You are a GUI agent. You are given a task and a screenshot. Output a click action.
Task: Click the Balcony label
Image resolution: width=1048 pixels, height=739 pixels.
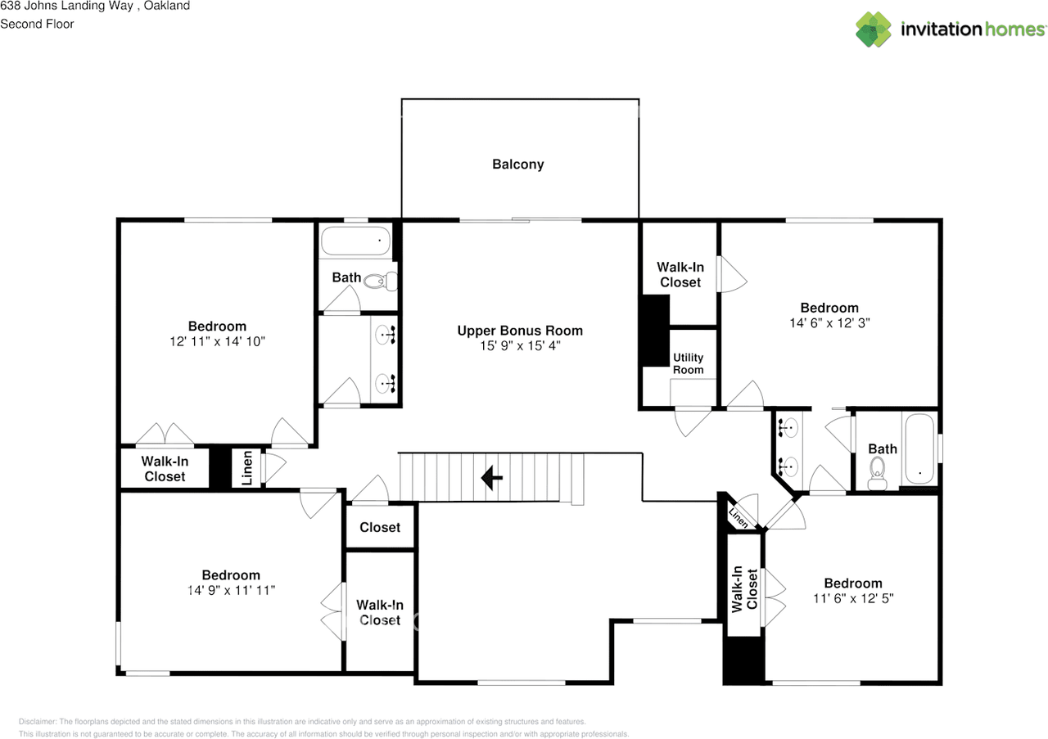click(x=517, y=164)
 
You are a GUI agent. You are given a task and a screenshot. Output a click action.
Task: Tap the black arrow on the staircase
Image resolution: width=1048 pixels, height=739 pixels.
click(x=491, y=477)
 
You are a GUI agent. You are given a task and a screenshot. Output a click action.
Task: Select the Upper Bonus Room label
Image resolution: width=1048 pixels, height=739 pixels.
click(x=520, y=331)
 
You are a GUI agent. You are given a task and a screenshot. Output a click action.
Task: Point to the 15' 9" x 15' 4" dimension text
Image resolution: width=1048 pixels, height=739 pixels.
click(x=520, y=346)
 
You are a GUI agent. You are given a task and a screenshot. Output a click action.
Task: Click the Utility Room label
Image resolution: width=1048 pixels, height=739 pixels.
click(x=688, y=363)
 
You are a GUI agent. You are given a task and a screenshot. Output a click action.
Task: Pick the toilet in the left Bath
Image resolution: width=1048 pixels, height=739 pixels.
click(x=379, y=282)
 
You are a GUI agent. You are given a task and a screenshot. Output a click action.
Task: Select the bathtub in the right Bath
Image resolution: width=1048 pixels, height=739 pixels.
click(x=919, y=449)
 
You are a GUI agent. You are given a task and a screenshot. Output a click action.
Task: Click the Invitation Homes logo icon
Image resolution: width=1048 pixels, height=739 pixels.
click(x=874, y=29)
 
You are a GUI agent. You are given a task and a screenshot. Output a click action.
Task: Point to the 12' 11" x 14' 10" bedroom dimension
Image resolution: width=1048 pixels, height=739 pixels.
click(x=217, y=341)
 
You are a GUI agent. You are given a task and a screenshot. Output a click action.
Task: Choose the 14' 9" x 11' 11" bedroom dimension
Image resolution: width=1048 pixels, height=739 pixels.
click(x=231, y=590)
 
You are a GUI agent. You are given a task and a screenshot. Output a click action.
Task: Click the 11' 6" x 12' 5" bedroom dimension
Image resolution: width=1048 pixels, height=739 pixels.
click(x=853, y=598)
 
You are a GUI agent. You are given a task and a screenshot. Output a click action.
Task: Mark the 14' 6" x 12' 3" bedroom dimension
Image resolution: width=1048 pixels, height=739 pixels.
click(x=829, y=322)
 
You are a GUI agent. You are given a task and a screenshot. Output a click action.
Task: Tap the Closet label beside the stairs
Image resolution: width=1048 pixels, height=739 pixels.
click(x=380, y=527)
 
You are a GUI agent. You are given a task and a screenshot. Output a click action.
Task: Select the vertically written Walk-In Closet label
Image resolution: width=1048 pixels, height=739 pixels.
click(x=744, y=588)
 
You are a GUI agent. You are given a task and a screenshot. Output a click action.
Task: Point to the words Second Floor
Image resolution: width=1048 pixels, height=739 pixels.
click(x=37, y=24)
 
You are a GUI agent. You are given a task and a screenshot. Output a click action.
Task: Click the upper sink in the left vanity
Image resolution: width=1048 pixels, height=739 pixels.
click(x=386, y=333)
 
